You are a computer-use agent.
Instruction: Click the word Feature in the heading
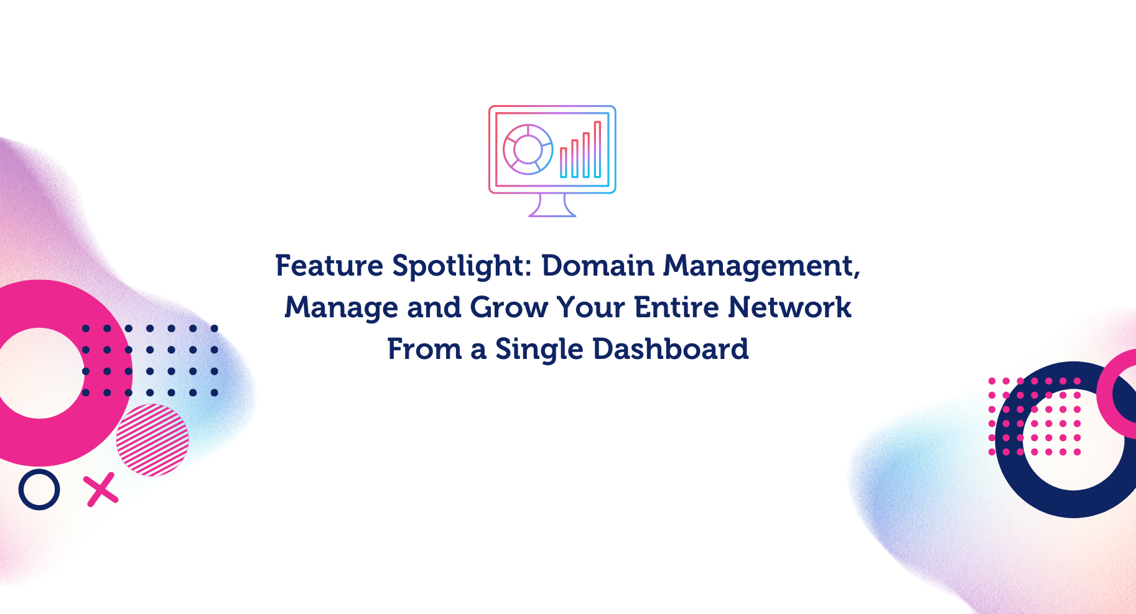click(x=329, y=266)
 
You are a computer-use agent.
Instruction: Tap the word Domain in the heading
click(x=598, y=266)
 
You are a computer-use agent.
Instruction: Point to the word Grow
click(x=509, y=307)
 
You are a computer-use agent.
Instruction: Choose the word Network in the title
click(x=789, y=307)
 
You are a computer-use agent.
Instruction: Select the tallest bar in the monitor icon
click(x=597, y=149)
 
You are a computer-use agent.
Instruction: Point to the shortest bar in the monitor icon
click(x=563, y=162)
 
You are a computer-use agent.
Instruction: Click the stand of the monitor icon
click(x=552, y=205)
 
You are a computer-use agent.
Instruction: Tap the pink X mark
click(x=102, y=490)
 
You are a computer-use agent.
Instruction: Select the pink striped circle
click(x=152, y=440)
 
